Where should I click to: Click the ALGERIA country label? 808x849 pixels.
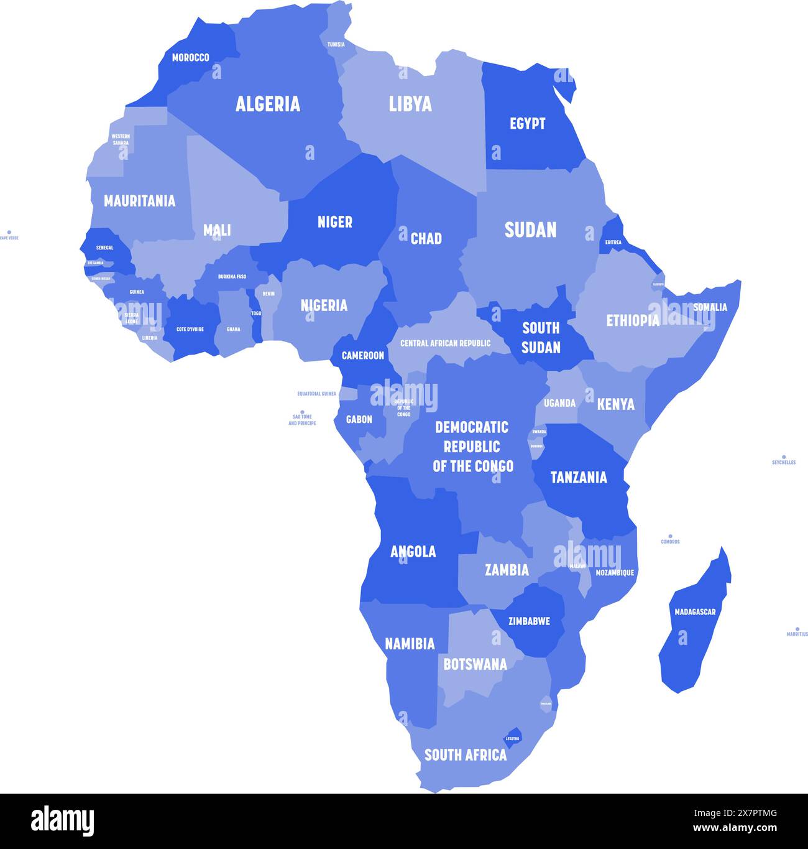268,104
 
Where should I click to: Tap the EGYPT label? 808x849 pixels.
527,124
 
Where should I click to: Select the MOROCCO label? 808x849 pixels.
190,58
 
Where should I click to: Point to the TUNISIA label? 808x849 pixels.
336,45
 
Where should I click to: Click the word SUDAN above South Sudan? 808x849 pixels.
530,230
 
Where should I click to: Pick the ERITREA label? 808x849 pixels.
613,242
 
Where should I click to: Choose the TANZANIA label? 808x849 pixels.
579,477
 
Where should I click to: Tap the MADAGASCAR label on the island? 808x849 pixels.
695,612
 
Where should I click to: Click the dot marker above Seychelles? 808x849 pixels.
784,457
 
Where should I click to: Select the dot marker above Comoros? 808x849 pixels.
670,536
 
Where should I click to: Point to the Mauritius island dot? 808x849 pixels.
797,629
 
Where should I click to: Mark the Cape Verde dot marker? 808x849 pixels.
9,232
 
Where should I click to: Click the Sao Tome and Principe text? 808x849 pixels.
302,420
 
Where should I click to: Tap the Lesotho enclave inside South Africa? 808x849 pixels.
513,735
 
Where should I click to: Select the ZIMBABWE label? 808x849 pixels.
529,621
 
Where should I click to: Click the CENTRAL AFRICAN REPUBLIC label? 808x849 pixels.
445,343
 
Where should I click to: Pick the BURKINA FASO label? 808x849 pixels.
232,277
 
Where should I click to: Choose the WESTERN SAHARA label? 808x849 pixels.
121,139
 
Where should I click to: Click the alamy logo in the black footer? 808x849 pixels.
62,820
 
